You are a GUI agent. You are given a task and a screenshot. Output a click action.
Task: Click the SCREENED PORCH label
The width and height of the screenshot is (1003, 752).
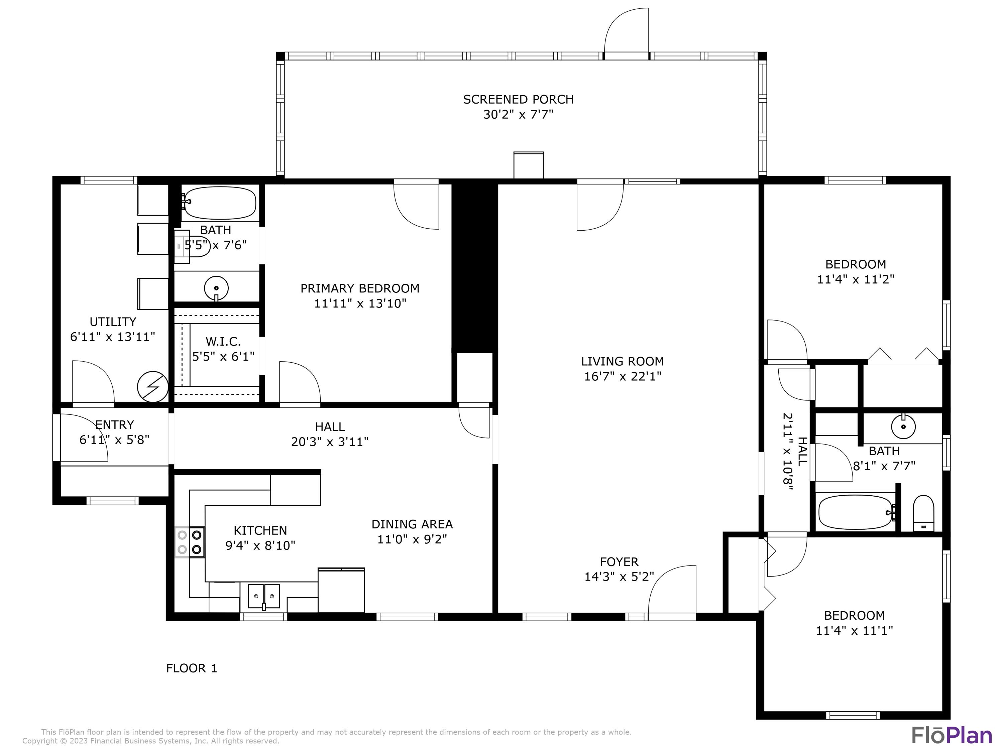(x=518, y=99)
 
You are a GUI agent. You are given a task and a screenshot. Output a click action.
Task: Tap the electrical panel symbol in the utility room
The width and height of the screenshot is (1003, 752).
(x=153, y=387)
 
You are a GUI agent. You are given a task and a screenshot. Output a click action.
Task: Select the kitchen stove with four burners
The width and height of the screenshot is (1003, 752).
(x=190, y=542)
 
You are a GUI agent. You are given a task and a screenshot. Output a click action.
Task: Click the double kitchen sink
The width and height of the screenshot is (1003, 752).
(x=263, y=596)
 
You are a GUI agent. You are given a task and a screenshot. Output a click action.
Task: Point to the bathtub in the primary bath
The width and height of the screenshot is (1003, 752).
(x=220, y=203)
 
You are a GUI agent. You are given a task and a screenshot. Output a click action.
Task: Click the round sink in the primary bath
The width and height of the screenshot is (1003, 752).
(x=216, y=288)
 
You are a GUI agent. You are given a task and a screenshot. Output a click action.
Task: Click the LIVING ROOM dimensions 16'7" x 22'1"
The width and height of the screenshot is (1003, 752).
(x=622, y=376)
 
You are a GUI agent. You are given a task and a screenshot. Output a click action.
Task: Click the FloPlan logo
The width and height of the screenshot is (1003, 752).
(x=951, y=735)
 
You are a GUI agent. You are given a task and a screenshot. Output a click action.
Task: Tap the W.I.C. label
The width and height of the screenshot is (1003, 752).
(x=223, y=341)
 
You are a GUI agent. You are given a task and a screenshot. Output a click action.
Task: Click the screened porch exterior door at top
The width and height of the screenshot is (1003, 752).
(x=627, y=32)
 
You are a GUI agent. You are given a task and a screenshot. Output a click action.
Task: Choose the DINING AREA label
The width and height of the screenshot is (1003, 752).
(x=412, y=524)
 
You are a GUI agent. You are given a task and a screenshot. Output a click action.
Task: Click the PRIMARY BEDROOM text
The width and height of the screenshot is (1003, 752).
(x=359, y=288)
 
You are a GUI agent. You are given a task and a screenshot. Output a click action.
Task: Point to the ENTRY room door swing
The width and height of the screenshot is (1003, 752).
(x=84, y=437)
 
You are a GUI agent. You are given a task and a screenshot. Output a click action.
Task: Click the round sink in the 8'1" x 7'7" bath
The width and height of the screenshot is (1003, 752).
(x=903, y=426)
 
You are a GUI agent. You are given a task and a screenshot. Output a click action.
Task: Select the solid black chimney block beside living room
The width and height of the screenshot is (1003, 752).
(x=474, y=265)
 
